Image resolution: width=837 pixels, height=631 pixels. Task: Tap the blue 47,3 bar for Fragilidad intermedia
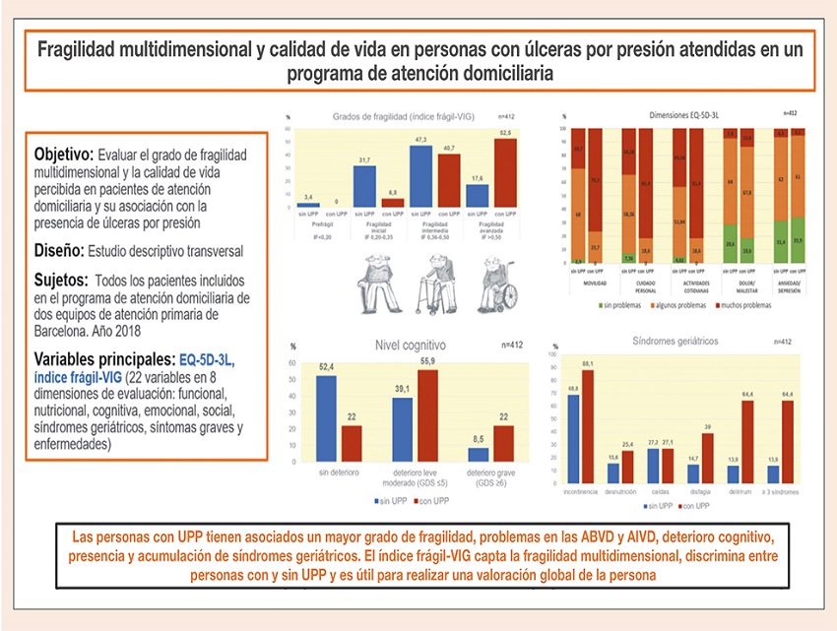click(x=421, y=175)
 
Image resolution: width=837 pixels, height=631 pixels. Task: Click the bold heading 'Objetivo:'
click(x=63, y=155)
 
